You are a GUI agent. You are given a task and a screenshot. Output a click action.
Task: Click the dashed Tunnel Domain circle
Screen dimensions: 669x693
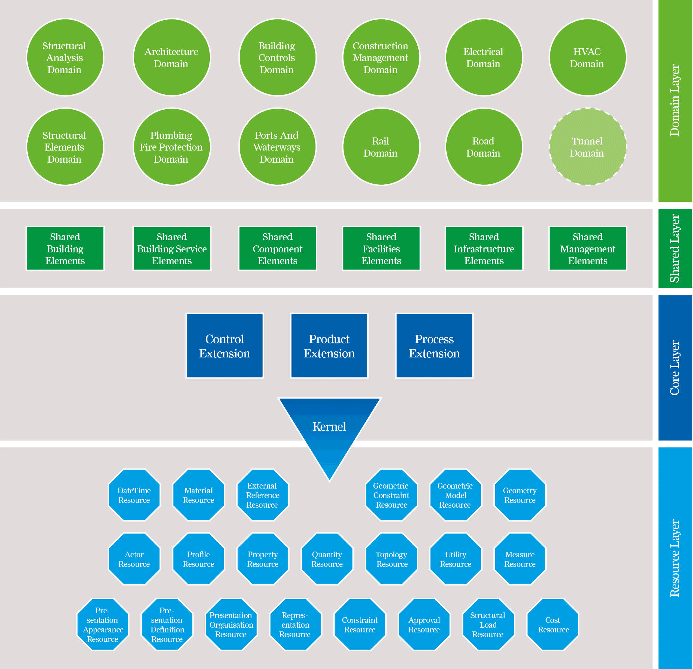pos(587,147)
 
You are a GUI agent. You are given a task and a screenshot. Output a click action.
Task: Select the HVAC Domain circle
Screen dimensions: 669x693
pos(587,57)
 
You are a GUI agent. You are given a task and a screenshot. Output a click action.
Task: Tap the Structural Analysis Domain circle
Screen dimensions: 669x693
pos(65,57)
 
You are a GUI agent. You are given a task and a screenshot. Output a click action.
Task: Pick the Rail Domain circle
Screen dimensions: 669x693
pos(381,147)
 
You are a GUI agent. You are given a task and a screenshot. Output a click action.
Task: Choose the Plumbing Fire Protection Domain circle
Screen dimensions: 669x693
pos(172,147)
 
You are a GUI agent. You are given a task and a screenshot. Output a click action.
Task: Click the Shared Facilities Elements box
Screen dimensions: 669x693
pos(381,249)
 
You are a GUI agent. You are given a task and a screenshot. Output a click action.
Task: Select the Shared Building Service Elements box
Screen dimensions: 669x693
pos(172,249)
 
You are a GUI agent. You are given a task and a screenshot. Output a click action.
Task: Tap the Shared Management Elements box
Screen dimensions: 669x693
pos(587,249)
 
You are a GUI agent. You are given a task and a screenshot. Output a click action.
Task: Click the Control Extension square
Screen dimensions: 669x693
pos(224,346)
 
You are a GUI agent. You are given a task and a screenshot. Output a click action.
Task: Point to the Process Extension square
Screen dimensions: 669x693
pos(434,346)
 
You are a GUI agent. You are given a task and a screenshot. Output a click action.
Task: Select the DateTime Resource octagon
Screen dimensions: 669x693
pos(134,495)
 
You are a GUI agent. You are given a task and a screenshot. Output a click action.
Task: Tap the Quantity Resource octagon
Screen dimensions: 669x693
pos(327,559)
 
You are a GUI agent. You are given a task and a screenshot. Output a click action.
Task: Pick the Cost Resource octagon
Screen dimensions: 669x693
pos(553,625)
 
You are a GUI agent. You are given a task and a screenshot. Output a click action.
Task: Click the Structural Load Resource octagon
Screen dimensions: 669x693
pos(488,625)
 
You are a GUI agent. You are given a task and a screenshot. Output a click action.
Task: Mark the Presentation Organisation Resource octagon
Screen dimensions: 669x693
pos(231,625)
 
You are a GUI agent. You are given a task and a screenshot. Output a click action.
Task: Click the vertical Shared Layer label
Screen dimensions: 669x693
pos(675,248)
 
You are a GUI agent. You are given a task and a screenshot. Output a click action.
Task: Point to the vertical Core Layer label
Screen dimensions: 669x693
pos(675,368)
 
